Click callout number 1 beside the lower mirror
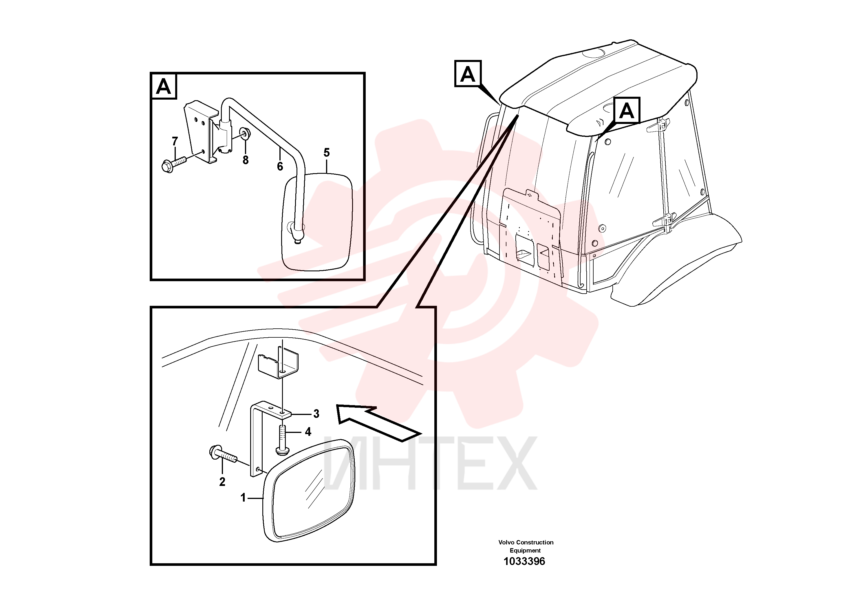pyautogui.click(x=243, y=498)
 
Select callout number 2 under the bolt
pyautogui.click(x=222, y=482)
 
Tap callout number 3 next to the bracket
pyautogui.click(x=316, y=414)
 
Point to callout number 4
pyautogui.click(x=308, y=432)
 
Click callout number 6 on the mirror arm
pyautogui.click(x=280, y=166)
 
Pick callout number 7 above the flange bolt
pyautogui.click(x=175, y=141)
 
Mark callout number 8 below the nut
pyautogui.click(x=246, y=160)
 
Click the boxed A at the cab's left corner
pyautogui.click(x=468, y=74)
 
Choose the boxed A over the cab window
pyautogui.click(x=627, y=111)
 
